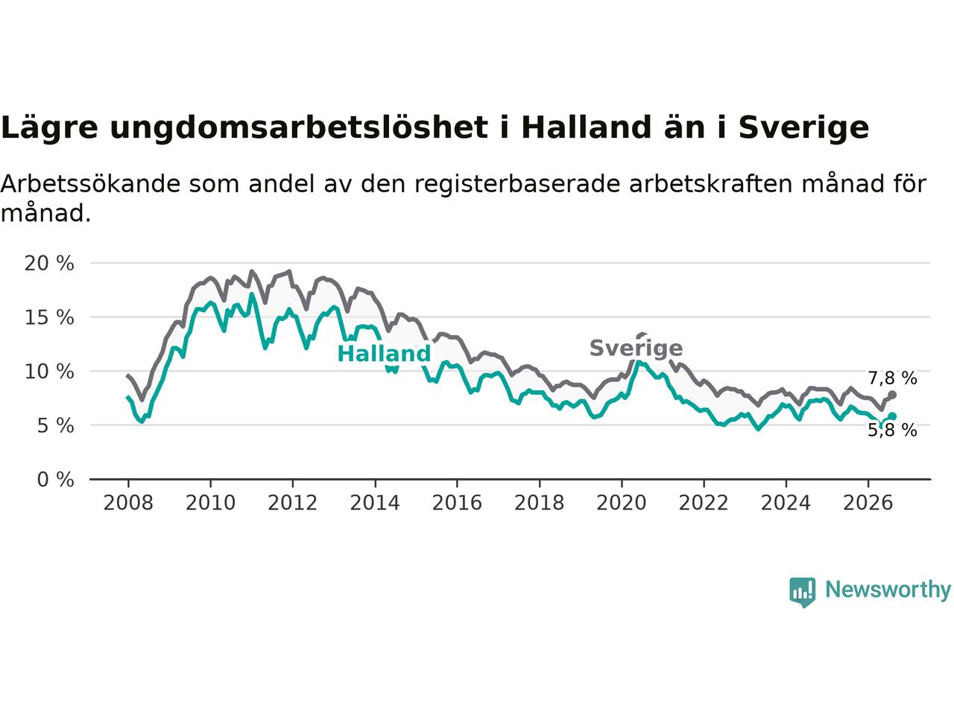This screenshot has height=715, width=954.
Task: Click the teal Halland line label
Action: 384,353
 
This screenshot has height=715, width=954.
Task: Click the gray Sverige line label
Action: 636,348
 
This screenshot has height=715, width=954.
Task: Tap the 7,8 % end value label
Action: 892,378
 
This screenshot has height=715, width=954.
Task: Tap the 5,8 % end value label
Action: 892,430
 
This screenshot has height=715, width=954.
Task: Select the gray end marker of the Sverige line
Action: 892,395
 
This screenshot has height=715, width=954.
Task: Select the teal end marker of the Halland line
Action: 892,416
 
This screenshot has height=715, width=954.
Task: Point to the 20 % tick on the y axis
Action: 49,263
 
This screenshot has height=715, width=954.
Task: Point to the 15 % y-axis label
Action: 49,317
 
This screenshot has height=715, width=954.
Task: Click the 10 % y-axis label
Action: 49,372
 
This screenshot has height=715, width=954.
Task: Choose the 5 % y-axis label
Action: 55,425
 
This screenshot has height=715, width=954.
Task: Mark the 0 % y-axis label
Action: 55,480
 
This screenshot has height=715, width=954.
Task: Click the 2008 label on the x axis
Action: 128,503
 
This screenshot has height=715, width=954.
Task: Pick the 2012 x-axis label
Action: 292,503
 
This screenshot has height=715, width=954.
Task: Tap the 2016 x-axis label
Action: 457,503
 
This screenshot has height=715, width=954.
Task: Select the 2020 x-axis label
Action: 621,503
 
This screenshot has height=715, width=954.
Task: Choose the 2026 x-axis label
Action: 868,503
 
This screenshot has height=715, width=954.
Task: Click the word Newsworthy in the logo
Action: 888,590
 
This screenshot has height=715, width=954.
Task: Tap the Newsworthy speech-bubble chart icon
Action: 802,592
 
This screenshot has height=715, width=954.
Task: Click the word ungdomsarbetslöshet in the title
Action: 299,128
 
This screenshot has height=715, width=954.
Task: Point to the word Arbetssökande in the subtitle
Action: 90,184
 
